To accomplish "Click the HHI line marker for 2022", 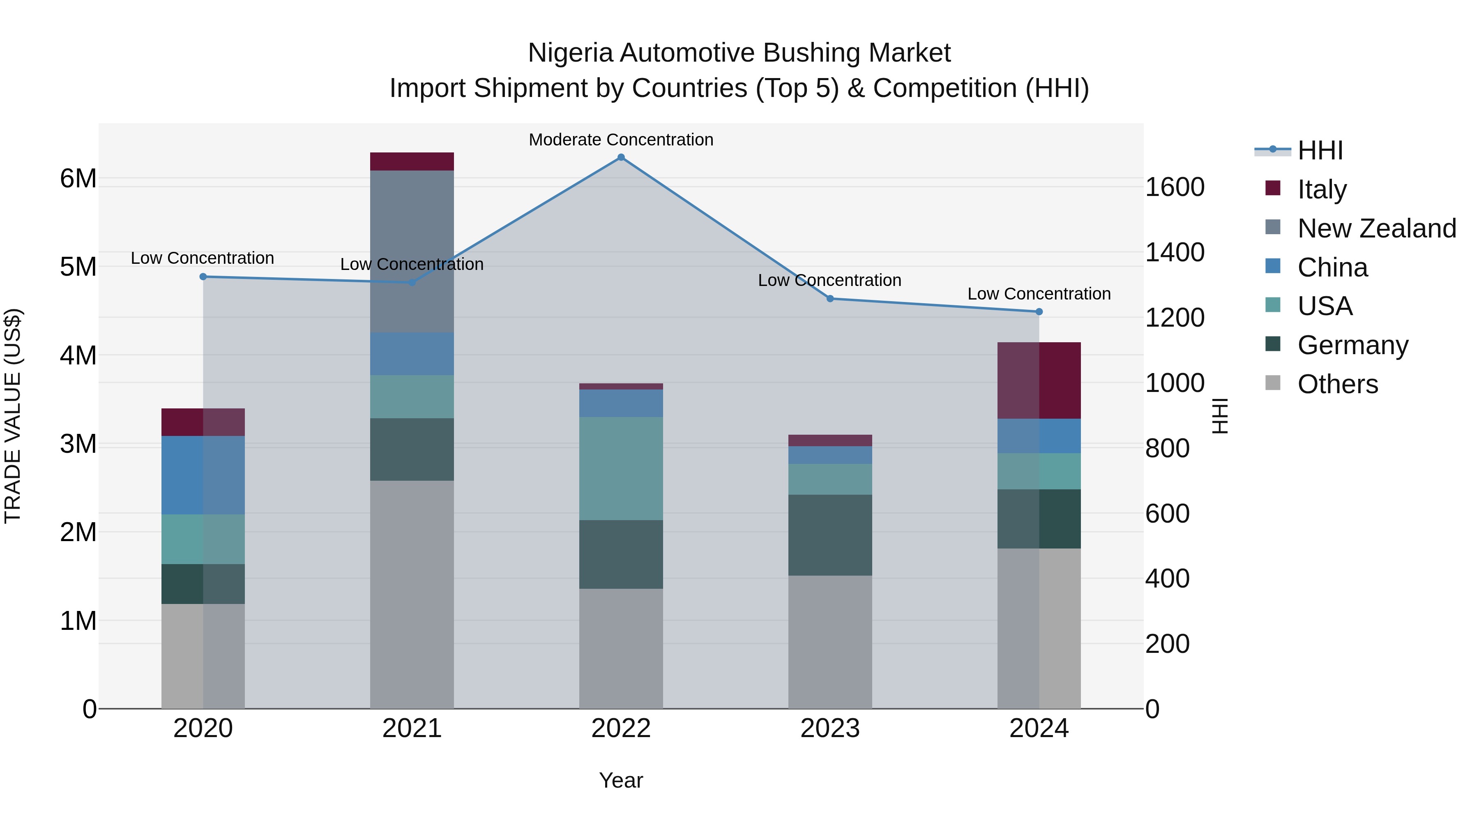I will coord(621,157).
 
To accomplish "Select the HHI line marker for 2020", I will coord(203,277).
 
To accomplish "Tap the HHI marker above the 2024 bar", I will coord(1039,312).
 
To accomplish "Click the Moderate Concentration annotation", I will coord(621,140).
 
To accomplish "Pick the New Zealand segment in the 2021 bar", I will coord(412,251).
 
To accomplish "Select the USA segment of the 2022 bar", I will coord(621,468).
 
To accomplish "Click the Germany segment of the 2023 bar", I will coord(829,535).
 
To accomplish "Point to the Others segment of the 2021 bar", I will coord(412,594).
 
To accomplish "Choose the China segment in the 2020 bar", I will coord(203,475).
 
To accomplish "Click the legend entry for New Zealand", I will coord(1376,228).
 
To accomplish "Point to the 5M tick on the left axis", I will coord(78,266).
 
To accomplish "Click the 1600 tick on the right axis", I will coord(1174,187).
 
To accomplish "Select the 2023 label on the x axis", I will coord(829,728).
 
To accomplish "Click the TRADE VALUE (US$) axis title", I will coord(13,416).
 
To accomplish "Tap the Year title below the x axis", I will coord(621,780).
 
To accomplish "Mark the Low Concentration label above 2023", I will coord(829,280).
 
